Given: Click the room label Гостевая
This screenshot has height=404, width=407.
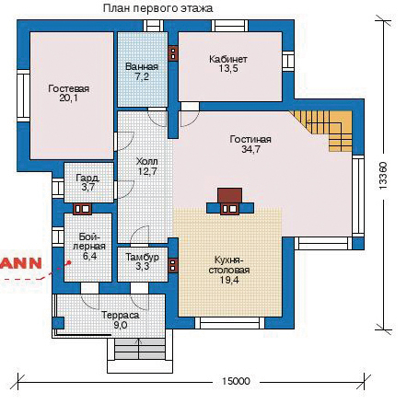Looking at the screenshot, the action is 69,88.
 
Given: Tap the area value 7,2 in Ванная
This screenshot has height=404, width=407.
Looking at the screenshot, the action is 142,76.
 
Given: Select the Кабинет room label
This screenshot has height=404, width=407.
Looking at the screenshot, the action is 228,59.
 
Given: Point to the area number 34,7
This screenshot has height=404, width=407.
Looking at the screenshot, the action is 250,149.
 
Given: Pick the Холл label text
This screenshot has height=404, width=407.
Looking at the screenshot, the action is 147,161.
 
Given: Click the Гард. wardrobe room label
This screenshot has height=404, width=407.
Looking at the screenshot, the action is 87,178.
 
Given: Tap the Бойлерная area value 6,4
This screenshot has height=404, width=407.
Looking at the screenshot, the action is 89,256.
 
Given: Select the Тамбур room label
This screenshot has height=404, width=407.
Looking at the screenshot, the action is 143,257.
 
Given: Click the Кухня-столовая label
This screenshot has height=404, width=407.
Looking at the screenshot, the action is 229,266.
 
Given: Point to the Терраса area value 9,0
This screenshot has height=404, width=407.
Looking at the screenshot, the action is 121,325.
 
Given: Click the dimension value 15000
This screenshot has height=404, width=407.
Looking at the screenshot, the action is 236,381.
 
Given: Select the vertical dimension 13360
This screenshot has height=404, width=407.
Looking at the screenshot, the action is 383,176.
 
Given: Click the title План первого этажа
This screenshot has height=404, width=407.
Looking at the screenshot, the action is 157,8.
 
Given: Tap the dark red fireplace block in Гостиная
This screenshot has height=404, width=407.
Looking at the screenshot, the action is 229,195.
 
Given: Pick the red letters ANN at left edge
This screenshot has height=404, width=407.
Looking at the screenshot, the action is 21,263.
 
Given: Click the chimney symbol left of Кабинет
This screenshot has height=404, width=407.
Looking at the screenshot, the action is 173,53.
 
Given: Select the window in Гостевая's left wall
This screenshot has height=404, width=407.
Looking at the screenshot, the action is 23,96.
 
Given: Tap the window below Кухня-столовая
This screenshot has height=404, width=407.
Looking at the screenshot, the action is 229,323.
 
